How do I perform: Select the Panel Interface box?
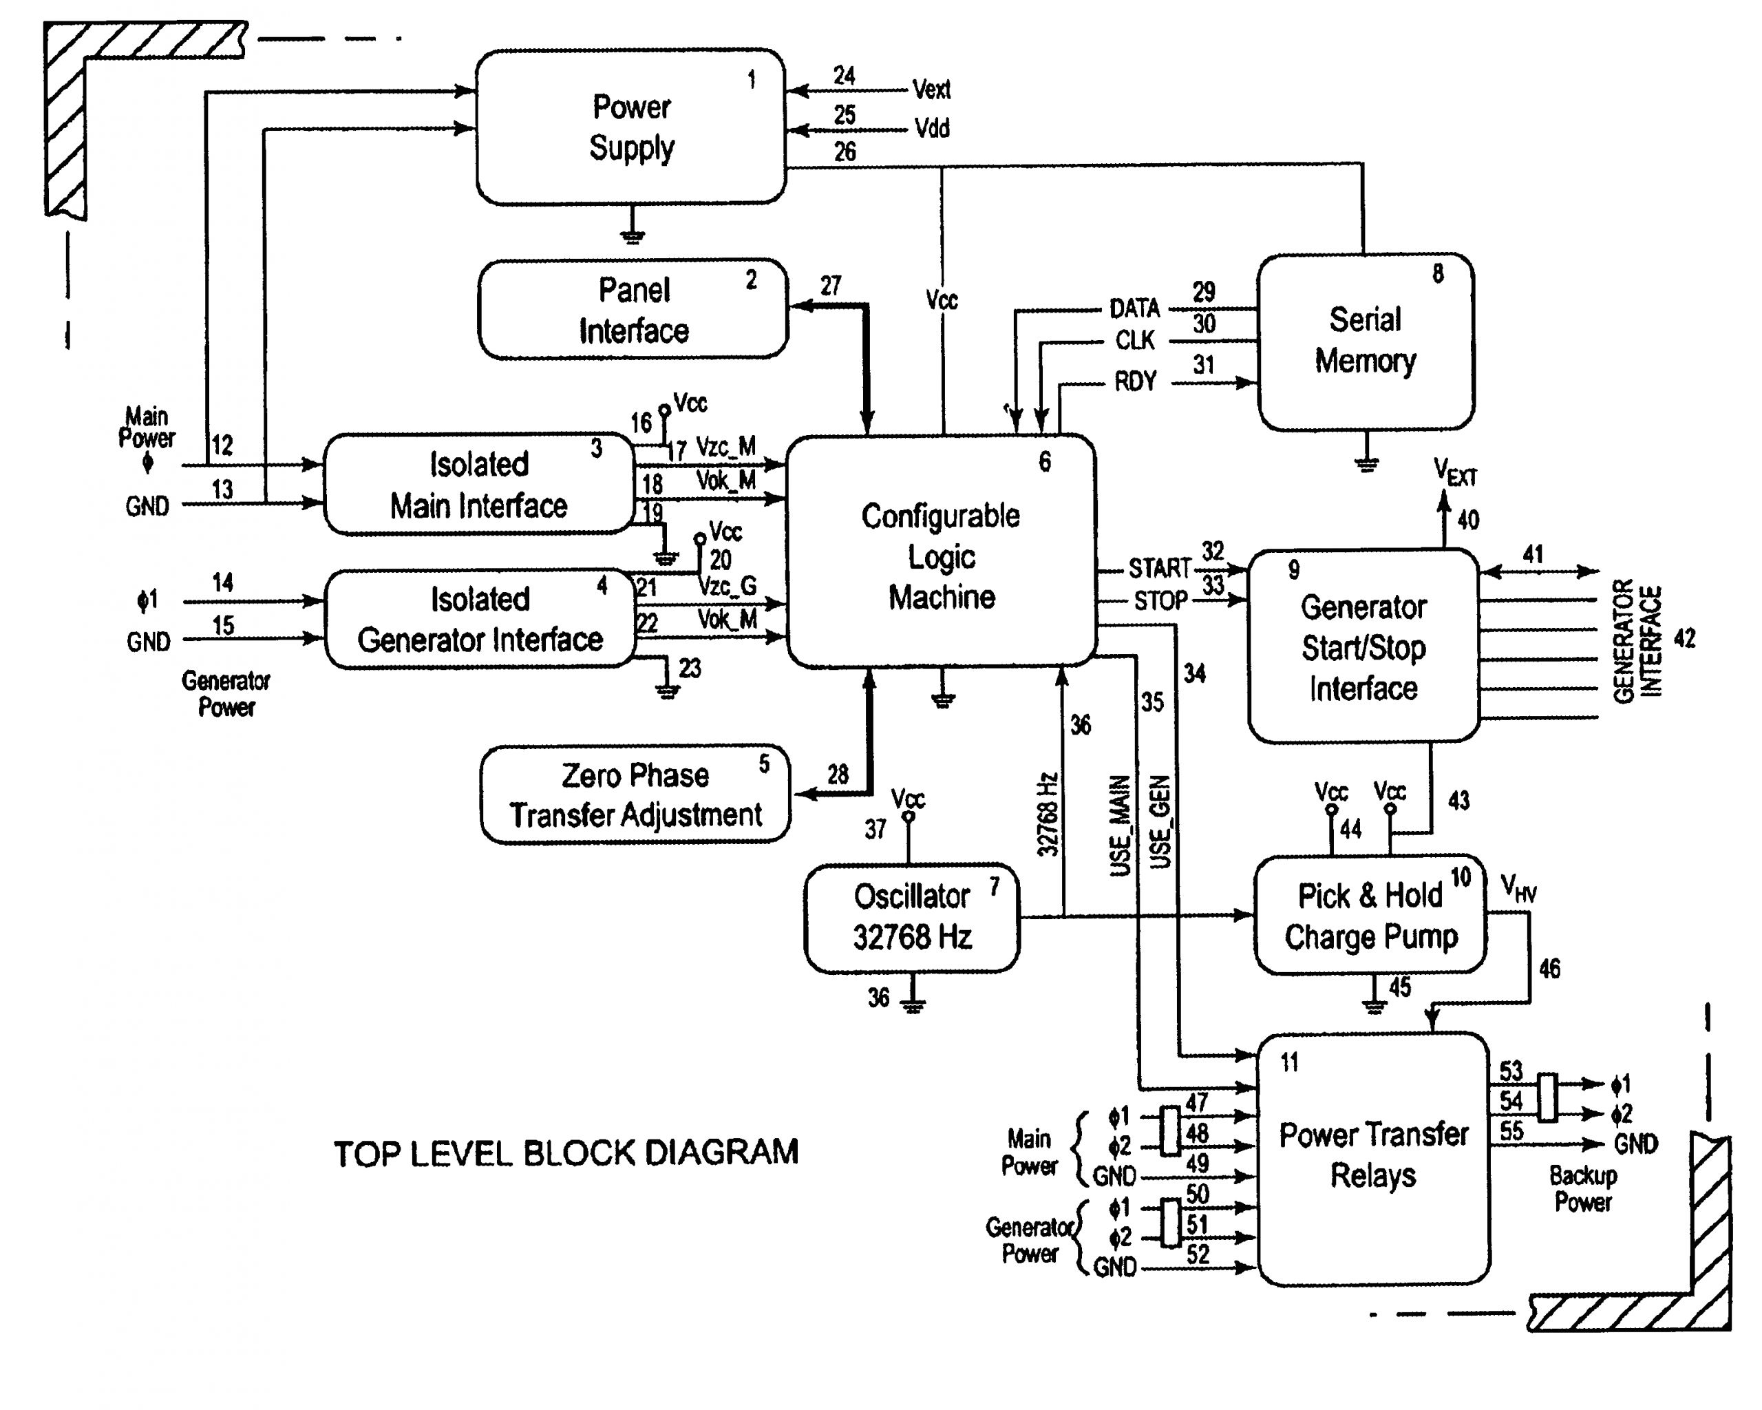[x=633, y=310]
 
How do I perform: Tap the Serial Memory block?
[x=1364, y=341]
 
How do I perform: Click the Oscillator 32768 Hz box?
[x=911, y=916]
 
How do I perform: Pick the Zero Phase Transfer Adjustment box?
[x=635, y=794]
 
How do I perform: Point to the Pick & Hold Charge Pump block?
[x=1370, y=916]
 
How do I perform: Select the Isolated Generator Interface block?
[x=480, y=619]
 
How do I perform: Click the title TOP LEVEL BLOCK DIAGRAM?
[x=566, y=1153]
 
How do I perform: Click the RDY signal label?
[x=1135, y=381]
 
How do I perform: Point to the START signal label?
[x=1159, y=568]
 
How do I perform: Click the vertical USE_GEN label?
[x=1160, y=821]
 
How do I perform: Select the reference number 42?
[x=1684, y=638]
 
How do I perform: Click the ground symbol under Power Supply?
[x=632, y=236]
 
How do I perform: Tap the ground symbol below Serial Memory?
[x=1366, y=464]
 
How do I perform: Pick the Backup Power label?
[x=1583, y=1188]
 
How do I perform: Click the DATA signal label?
[x=1134, y=309]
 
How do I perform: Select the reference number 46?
[x=1549, y=969]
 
